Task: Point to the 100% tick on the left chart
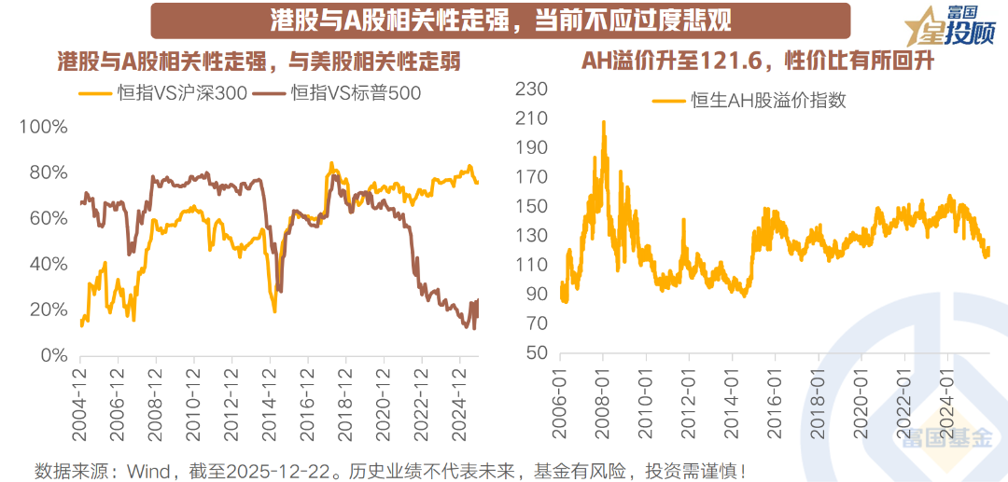(43, 127)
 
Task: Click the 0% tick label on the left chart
(53, 356)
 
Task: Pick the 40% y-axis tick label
(48, 264)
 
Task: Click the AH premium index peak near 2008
(603, 122)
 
